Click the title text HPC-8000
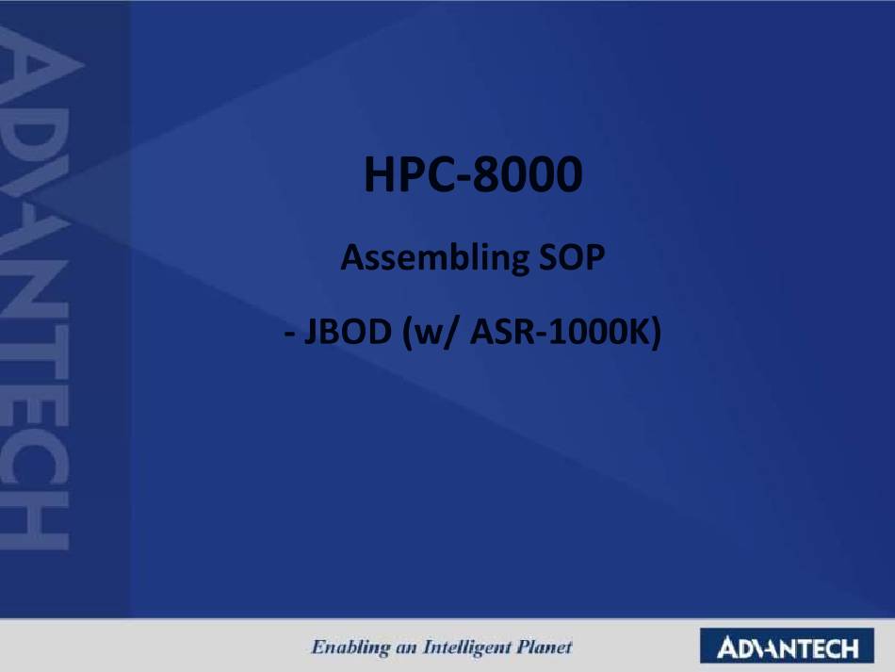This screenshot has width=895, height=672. [473, 174]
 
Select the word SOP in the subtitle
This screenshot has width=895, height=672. [571, 257]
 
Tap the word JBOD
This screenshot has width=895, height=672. [348, 332]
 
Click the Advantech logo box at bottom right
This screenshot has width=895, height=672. [787, 646]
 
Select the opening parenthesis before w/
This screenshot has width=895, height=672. [407, 333]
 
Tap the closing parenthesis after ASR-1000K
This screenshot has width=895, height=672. [656, 333]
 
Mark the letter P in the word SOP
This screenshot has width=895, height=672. [594, 257]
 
